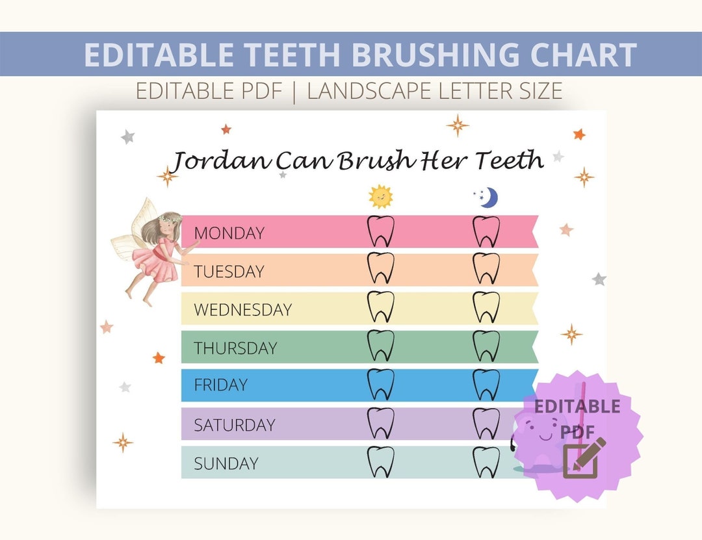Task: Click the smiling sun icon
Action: click(x=381, y=196)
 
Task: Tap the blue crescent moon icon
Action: click(x=487, y=198)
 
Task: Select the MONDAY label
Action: click(x=229, y=233)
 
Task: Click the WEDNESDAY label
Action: click(x=242, y=309)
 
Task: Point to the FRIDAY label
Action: click(x=220, y=385)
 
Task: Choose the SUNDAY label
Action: click(x=226, y=463)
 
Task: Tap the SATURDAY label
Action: click(x=234, y=425)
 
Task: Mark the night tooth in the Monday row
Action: click(x=486, y=231)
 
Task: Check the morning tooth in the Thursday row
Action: click(x=381, y=346)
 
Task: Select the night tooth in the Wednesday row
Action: click(x=486, y=307)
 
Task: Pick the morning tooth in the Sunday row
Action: click(x=381, y=462)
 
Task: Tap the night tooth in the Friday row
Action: click(x=486, y=384)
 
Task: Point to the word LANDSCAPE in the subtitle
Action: click(x=370, y=91)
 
